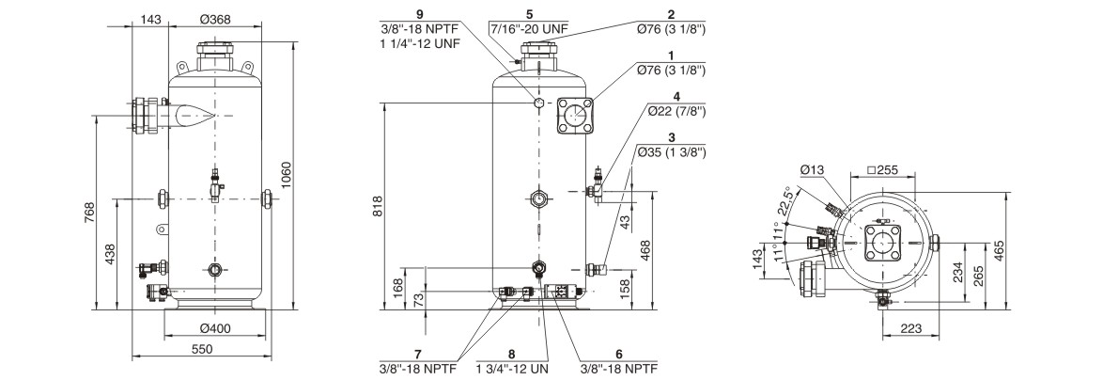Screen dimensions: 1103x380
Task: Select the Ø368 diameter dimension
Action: click(215, 19)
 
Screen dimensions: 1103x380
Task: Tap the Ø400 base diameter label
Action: click(216, 327)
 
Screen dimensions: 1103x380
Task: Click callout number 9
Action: click(420, 14)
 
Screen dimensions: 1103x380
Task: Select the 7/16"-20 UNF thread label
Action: click(528, 28)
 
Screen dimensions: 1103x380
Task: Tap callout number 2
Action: click(671, 14)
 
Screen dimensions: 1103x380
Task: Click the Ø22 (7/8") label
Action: click(671, 111)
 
